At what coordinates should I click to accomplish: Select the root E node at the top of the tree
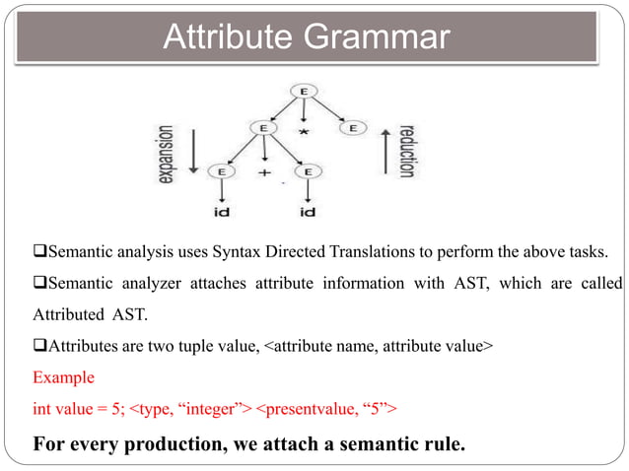tap(304, 92)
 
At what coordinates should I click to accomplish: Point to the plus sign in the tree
tap(264, 172)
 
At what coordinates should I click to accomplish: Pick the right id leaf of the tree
tap(307, 212)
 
